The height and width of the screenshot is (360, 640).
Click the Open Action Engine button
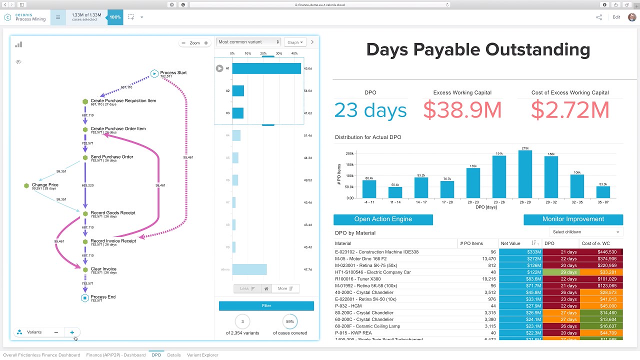pos(383,219)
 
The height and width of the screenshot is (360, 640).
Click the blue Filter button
pos(266,305)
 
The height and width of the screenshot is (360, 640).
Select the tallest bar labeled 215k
pos(525,174)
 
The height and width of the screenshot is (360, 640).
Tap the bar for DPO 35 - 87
pos(603,192)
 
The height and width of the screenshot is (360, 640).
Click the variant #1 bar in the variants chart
pos(266,68)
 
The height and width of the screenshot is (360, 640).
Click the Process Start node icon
pos(154,73)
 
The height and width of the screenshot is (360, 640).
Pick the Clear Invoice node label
pos(103,269)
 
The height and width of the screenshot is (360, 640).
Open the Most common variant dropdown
pos(249,42)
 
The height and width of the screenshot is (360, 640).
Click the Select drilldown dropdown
pos(586,232)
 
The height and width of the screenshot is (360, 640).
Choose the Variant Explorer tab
pos(202,355)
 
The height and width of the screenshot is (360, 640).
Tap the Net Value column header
pos(510,243)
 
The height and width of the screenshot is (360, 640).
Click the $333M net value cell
pos(520,252)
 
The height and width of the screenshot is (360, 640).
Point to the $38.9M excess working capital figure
pos(462,110)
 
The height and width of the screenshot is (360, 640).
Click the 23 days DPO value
pos(370,110)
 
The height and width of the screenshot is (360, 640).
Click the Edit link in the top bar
pos(616,17)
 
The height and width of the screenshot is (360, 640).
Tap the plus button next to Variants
pos(72,332)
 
